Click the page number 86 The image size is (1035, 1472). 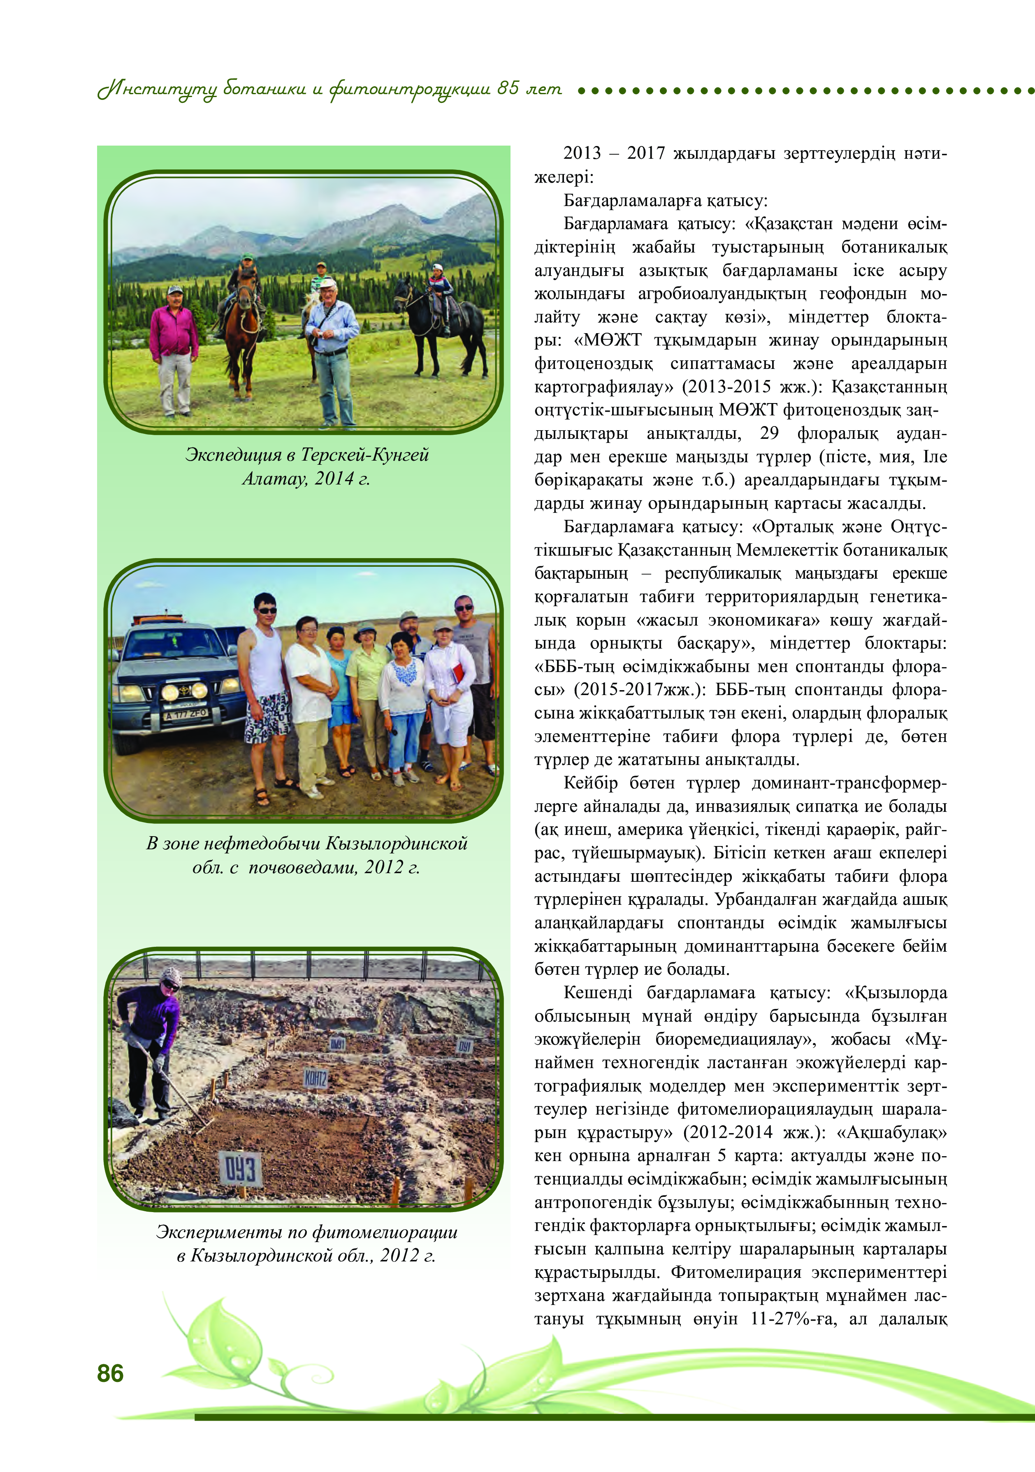point(110,1372)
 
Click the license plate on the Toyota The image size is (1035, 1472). point(186,714)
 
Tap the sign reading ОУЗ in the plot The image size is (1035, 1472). point(241,1169)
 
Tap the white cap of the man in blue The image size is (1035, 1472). point(328,283)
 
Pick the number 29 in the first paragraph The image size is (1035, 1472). point(769,433)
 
